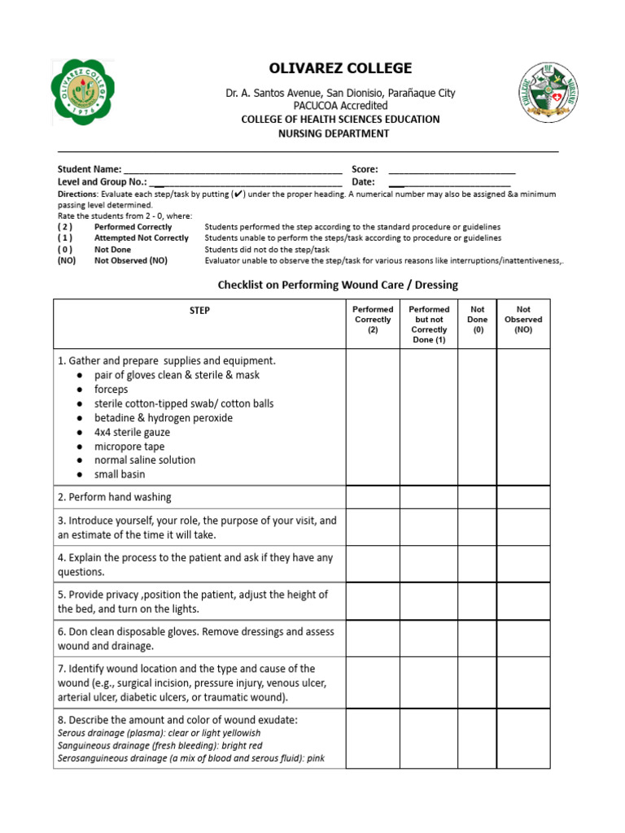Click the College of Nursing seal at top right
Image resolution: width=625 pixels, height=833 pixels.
click(553, 93)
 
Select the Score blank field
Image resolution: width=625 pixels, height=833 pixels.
click(452, 169)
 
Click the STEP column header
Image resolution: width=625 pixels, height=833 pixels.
click(199, 311)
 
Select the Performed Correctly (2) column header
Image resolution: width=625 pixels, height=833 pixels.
click(373, 320)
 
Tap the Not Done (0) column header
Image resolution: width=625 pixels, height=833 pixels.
click(478, 320)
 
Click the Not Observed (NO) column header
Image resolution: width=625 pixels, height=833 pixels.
click(523, 320)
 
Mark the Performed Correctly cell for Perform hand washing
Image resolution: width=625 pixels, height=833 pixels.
click(373, 497)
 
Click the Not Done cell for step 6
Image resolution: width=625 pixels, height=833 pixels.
click(478, 639)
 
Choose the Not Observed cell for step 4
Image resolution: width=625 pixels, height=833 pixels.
click(523, 565)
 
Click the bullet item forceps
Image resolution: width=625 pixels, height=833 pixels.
click(111, 390)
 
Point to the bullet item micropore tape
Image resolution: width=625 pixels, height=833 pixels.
click(129, 446)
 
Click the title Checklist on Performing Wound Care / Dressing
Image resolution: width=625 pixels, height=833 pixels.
click(338, 285)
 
